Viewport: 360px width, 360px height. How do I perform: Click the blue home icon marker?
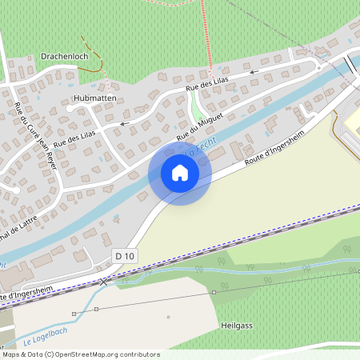point(180,172)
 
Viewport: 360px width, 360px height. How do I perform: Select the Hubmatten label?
point(94,98)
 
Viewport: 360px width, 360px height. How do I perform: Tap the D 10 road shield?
point(123,255)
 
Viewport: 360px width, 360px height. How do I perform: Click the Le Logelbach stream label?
point(45,336)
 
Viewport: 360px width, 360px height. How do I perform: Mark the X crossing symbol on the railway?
point(104,282)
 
